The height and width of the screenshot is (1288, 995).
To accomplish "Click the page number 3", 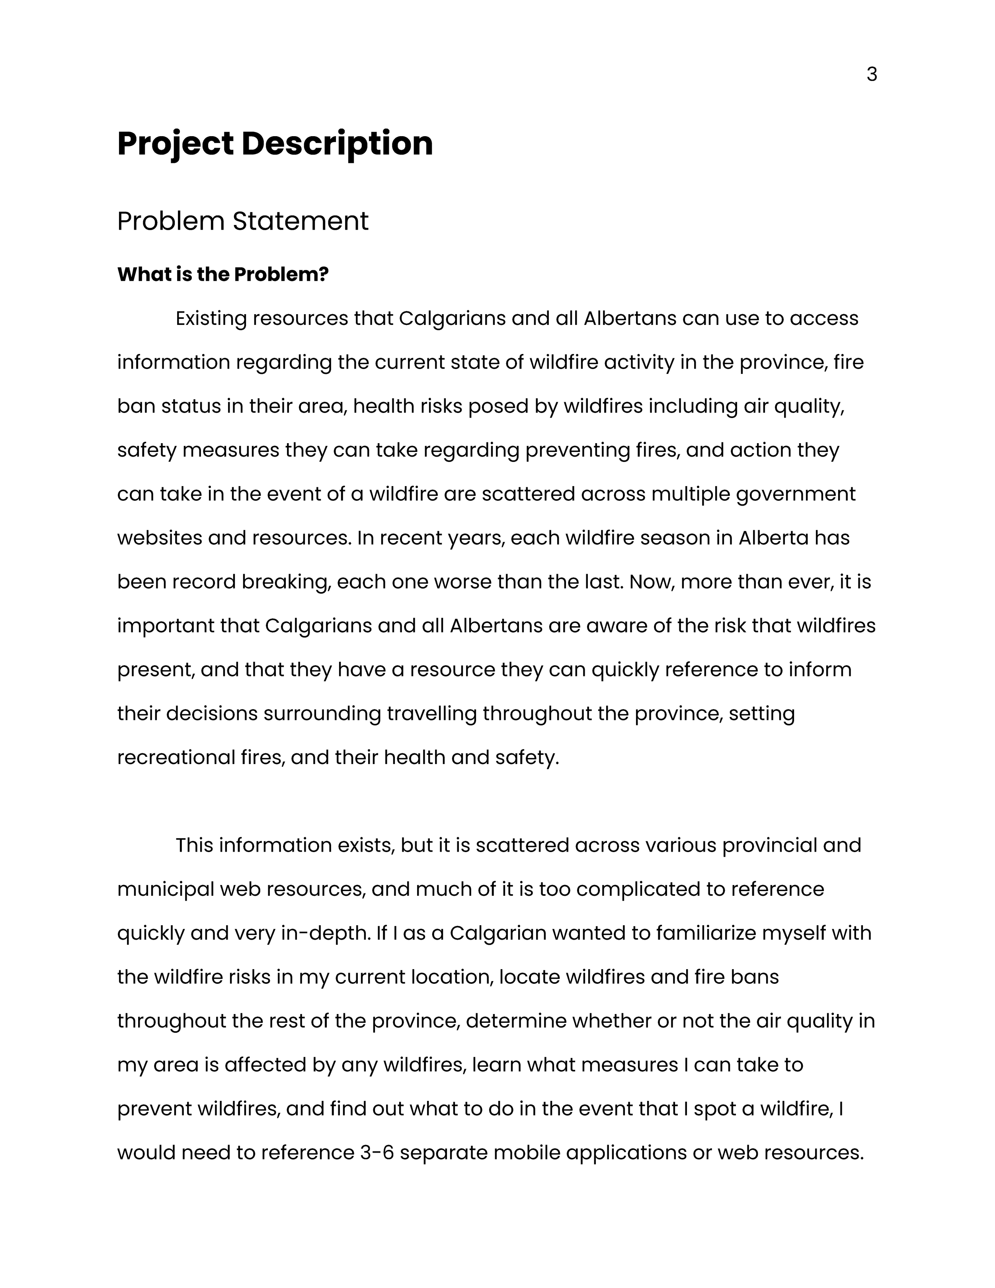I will tap(872, 75).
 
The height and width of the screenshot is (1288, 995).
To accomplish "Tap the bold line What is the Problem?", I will tap(223, 274).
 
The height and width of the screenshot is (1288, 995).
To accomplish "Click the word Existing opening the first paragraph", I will tap(211, 319).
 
